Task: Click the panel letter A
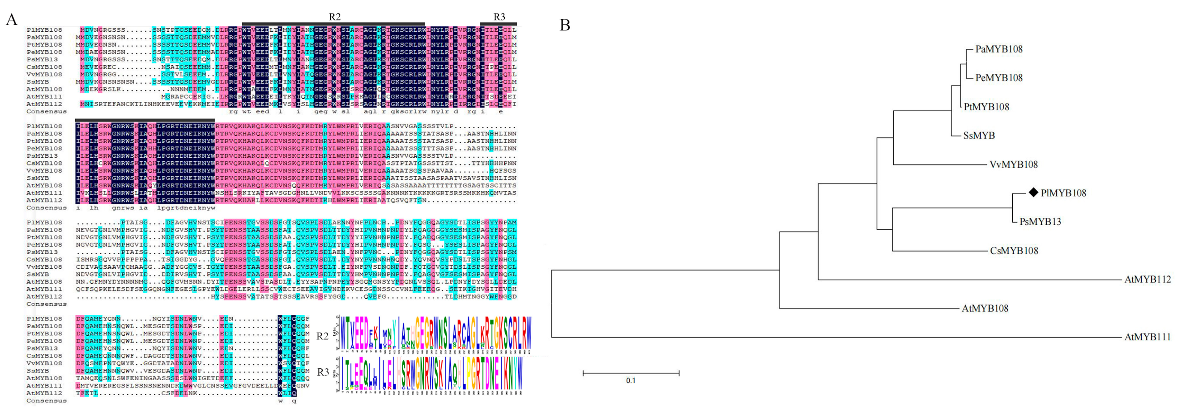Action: tap(11, 20)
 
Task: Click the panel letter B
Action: tap(565, 25)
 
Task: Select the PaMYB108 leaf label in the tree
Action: tap(999, 49)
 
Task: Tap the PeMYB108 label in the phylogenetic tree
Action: tap(999, 78)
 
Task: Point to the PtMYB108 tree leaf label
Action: tap(986, 107)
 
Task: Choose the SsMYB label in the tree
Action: tap(979, 135)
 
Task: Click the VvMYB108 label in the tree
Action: tap(1013, 164)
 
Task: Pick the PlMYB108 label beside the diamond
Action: tap(1063, 193)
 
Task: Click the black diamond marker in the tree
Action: tap(1033, 193)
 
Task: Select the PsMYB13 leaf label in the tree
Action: tap(1040, 222)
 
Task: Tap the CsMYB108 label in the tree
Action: tap(1014, 251)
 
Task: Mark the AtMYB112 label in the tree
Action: tap(1147, 279)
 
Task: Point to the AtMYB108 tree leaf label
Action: tap(985, 309)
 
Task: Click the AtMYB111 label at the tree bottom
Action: tap(1147, 337)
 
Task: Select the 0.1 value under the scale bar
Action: tap(631, 381)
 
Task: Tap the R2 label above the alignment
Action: tap(335, 17)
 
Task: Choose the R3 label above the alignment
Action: tap(499, 17)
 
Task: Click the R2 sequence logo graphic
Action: tap(435, 334)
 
